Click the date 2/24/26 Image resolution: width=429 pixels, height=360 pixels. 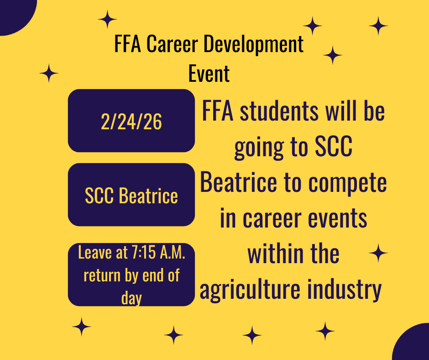131,122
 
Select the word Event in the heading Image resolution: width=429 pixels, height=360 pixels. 209,74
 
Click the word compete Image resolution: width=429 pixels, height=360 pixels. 347,184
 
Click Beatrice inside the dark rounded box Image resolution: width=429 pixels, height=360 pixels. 148,196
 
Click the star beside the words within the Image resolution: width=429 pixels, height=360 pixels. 378,253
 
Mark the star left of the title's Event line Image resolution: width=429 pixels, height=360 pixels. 49,73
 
